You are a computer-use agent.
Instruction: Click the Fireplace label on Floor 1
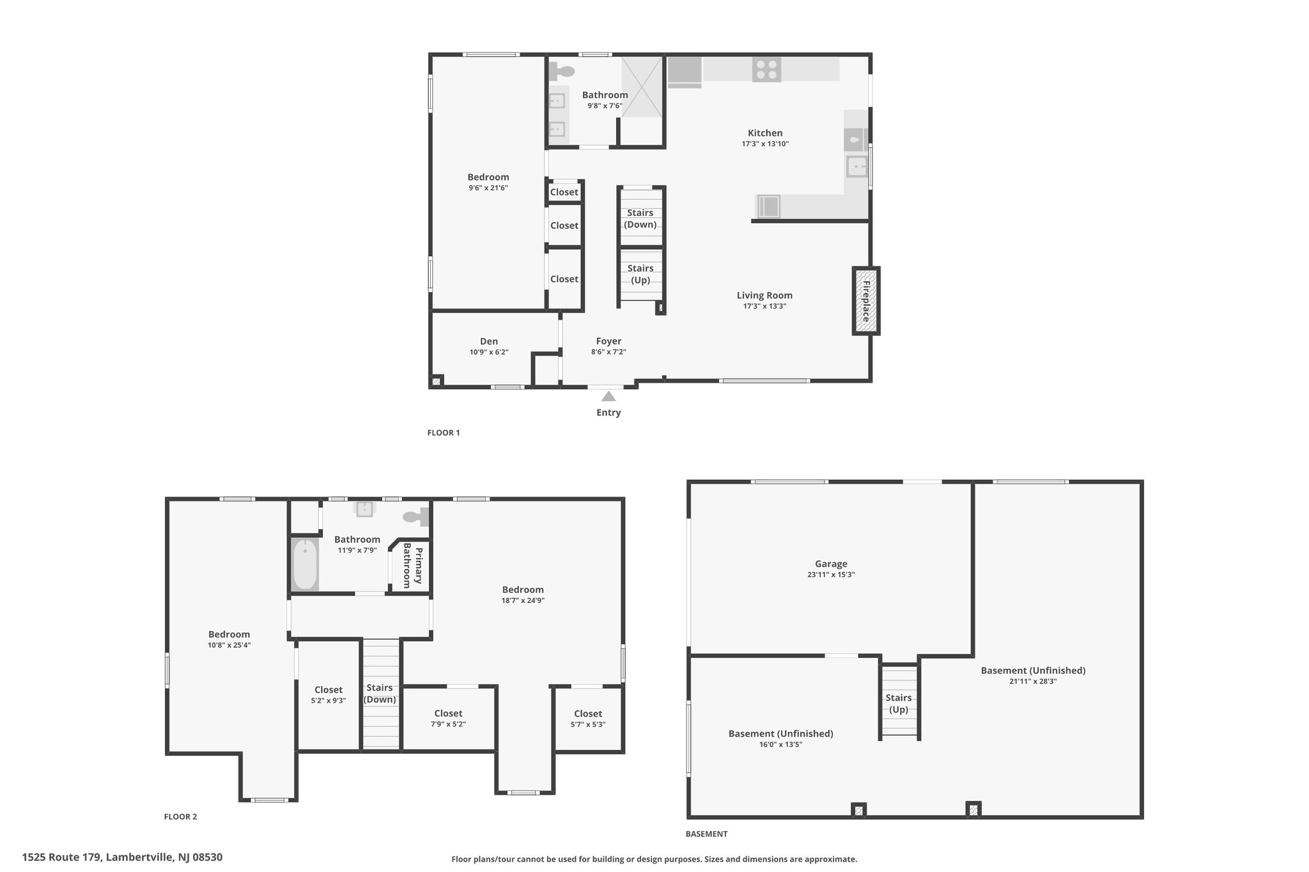point(866,301)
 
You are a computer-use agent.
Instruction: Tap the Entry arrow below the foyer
point(608,396)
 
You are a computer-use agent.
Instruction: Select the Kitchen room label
point(765,134)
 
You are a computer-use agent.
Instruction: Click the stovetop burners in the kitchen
point(766,70)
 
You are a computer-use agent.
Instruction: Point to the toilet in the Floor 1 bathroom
point(562,70)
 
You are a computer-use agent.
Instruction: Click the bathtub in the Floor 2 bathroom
point(305,565)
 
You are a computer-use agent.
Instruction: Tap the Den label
point(489,342)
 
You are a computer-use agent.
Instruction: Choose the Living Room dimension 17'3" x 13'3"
point(764,307)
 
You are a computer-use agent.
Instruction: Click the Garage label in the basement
point(831,564)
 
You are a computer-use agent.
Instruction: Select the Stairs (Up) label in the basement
point(899,703)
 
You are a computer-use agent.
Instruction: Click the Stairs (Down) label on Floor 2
point(380,694)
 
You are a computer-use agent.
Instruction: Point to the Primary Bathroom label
point(412,568)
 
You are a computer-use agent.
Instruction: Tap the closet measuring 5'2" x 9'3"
point(329,694)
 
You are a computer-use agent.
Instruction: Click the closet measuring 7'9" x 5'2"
point(448,719)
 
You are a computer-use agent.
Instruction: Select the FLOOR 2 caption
point(181,816)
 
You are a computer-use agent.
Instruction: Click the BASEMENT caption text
point(706,834)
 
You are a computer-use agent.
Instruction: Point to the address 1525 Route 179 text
point(61,857)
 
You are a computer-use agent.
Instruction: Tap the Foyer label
point(608,342)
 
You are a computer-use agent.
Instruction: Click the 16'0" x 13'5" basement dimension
point(781,745)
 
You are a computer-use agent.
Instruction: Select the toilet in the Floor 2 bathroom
point(415,516)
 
